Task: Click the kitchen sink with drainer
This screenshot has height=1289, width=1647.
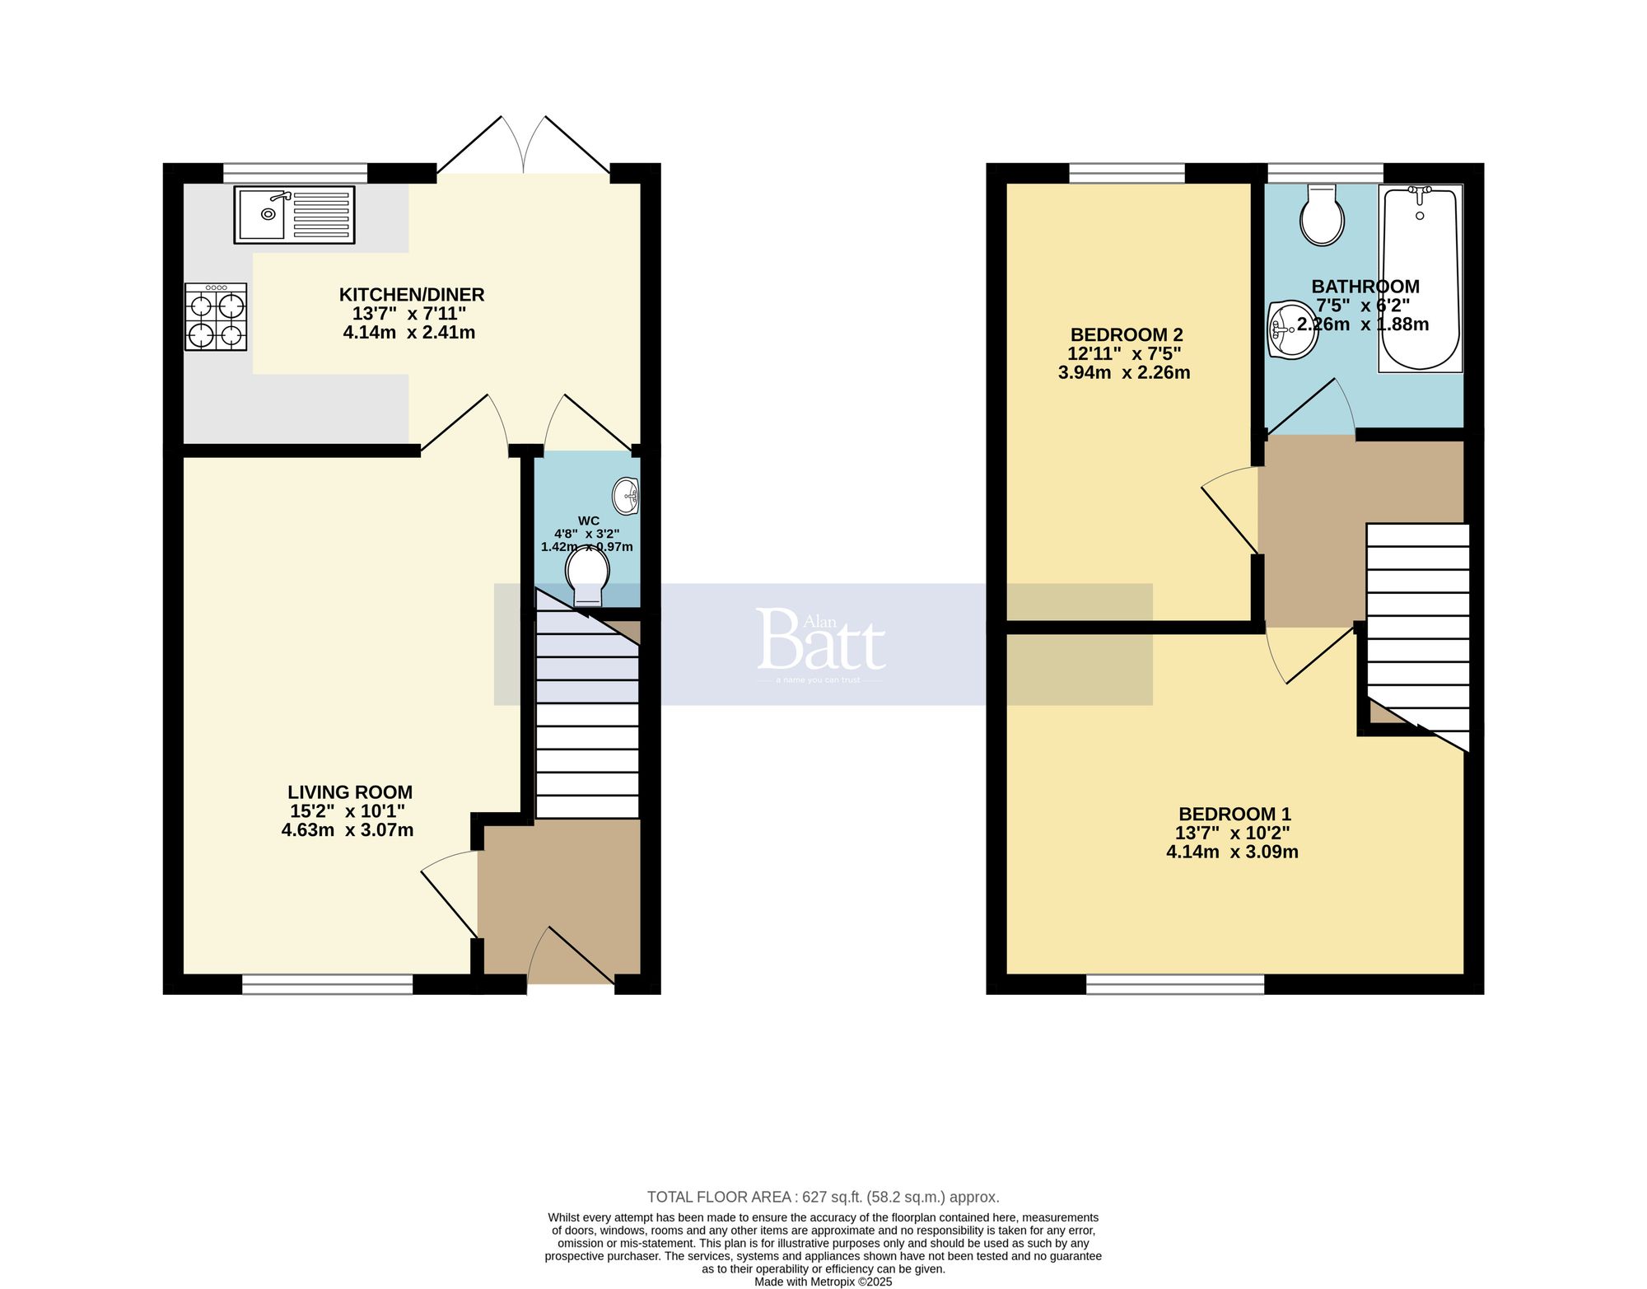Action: click(294, 214)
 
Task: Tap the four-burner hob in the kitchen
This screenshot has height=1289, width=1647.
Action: click(216, 317)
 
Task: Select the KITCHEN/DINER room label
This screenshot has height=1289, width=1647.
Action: click(411, 294)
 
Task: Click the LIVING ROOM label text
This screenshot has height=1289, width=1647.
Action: click(350, 792)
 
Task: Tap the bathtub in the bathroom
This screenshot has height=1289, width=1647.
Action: click(1420, 278)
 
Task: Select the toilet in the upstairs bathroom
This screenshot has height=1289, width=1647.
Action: click(1322, 214)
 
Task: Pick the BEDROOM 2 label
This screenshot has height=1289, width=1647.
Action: click(1126, 334)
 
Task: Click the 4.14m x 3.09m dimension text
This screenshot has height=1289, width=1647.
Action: click(1232, 852)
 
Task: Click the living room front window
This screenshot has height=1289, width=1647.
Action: click(327, 984)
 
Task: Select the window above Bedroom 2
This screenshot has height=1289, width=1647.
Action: click(1127, 173)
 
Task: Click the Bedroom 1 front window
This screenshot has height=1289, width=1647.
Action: click(1174, 984)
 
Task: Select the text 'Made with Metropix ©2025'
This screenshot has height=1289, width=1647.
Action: click(823, 1282)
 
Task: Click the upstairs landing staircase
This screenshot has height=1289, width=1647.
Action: click(1417, 626)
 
